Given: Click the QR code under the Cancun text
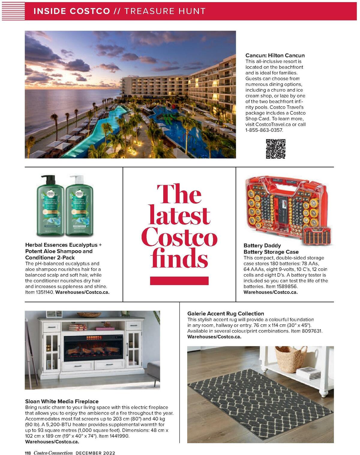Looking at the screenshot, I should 275,149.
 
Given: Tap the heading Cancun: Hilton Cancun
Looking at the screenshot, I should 275,56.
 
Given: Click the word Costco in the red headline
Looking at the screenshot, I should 179,237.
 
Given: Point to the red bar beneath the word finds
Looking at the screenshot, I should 179,281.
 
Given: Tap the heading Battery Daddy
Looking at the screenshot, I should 262,246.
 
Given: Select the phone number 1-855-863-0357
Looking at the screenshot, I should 264,130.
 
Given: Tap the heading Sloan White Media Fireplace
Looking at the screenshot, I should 62,401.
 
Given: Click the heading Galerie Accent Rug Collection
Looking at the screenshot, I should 226,314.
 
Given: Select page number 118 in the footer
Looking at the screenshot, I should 28,453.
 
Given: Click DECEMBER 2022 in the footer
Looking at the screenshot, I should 95,453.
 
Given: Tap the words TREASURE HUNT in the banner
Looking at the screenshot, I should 165,11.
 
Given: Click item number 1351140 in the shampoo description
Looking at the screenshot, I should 44,292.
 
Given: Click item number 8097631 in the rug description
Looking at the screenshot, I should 311,331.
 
